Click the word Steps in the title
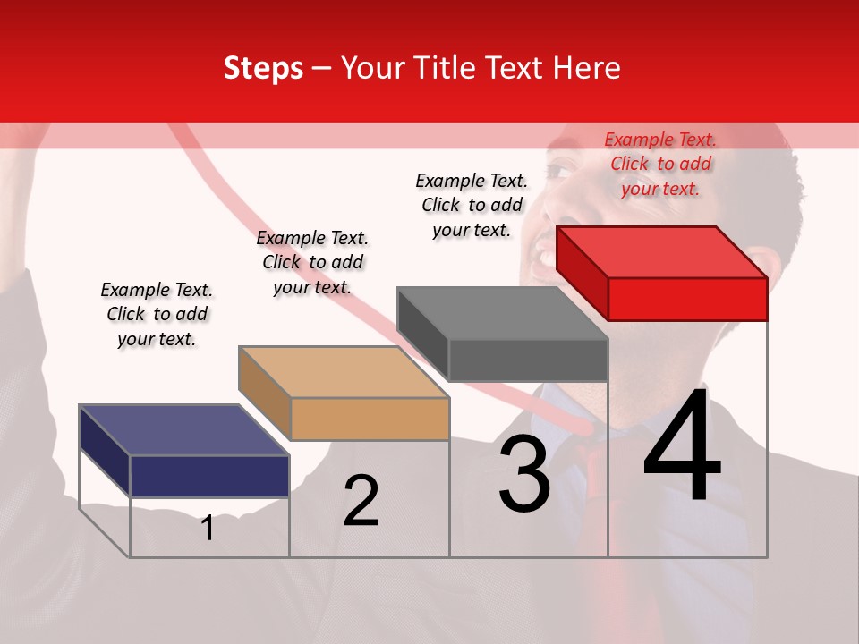click(263, 68)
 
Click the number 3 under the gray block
click(524, 474)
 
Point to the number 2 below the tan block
click(361, 501)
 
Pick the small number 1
click(207, 529)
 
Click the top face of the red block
click(662, 251)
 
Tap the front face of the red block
click(687, 299)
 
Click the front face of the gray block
click(528, 360)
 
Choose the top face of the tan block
click(344, 372)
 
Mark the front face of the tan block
click(370, 419)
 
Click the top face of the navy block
click(184, 430)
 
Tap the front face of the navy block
click(209, 476)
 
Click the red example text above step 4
click(660, 164)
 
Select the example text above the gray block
click(472, 205)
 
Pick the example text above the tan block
click(312, 262)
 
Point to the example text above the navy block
click(157, 314)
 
